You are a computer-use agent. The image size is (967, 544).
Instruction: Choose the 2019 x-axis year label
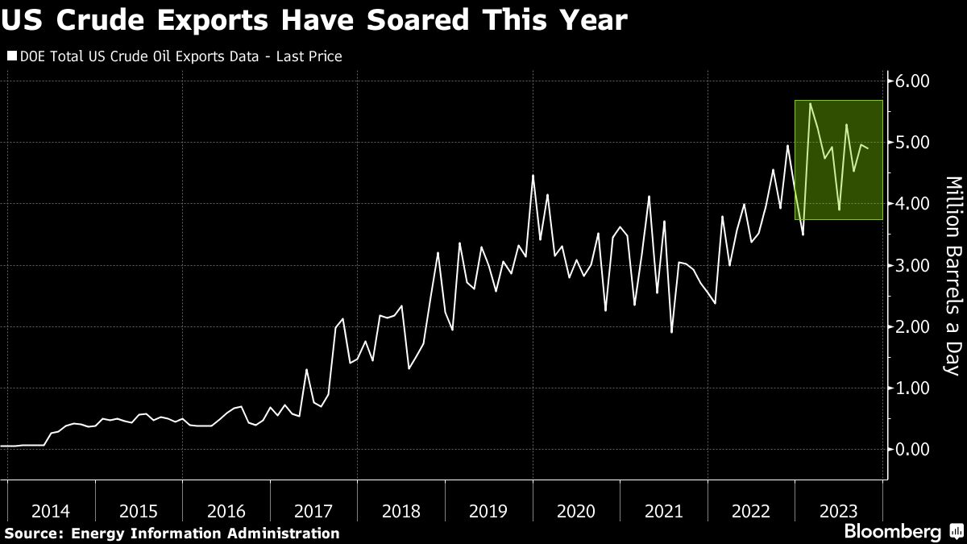pos(488,511)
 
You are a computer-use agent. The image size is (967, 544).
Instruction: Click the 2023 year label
pos(838,511)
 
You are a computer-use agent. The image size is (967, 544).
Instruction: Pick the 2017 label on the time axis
pos(313,511)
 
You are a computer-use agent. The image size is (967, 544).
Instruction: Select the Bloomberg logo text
pos(891,532)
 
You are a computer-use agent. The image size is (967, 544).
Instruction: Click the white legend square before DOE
pos(12,56)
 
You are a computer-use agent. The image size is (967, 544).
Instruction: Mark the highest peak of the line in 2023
pos(810,104)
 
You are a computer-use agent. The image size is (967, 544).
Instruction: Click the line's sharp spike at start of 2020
pos(533,175)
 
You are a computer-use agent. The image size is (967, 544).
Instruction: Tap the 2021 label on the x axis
pos(663,511)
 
